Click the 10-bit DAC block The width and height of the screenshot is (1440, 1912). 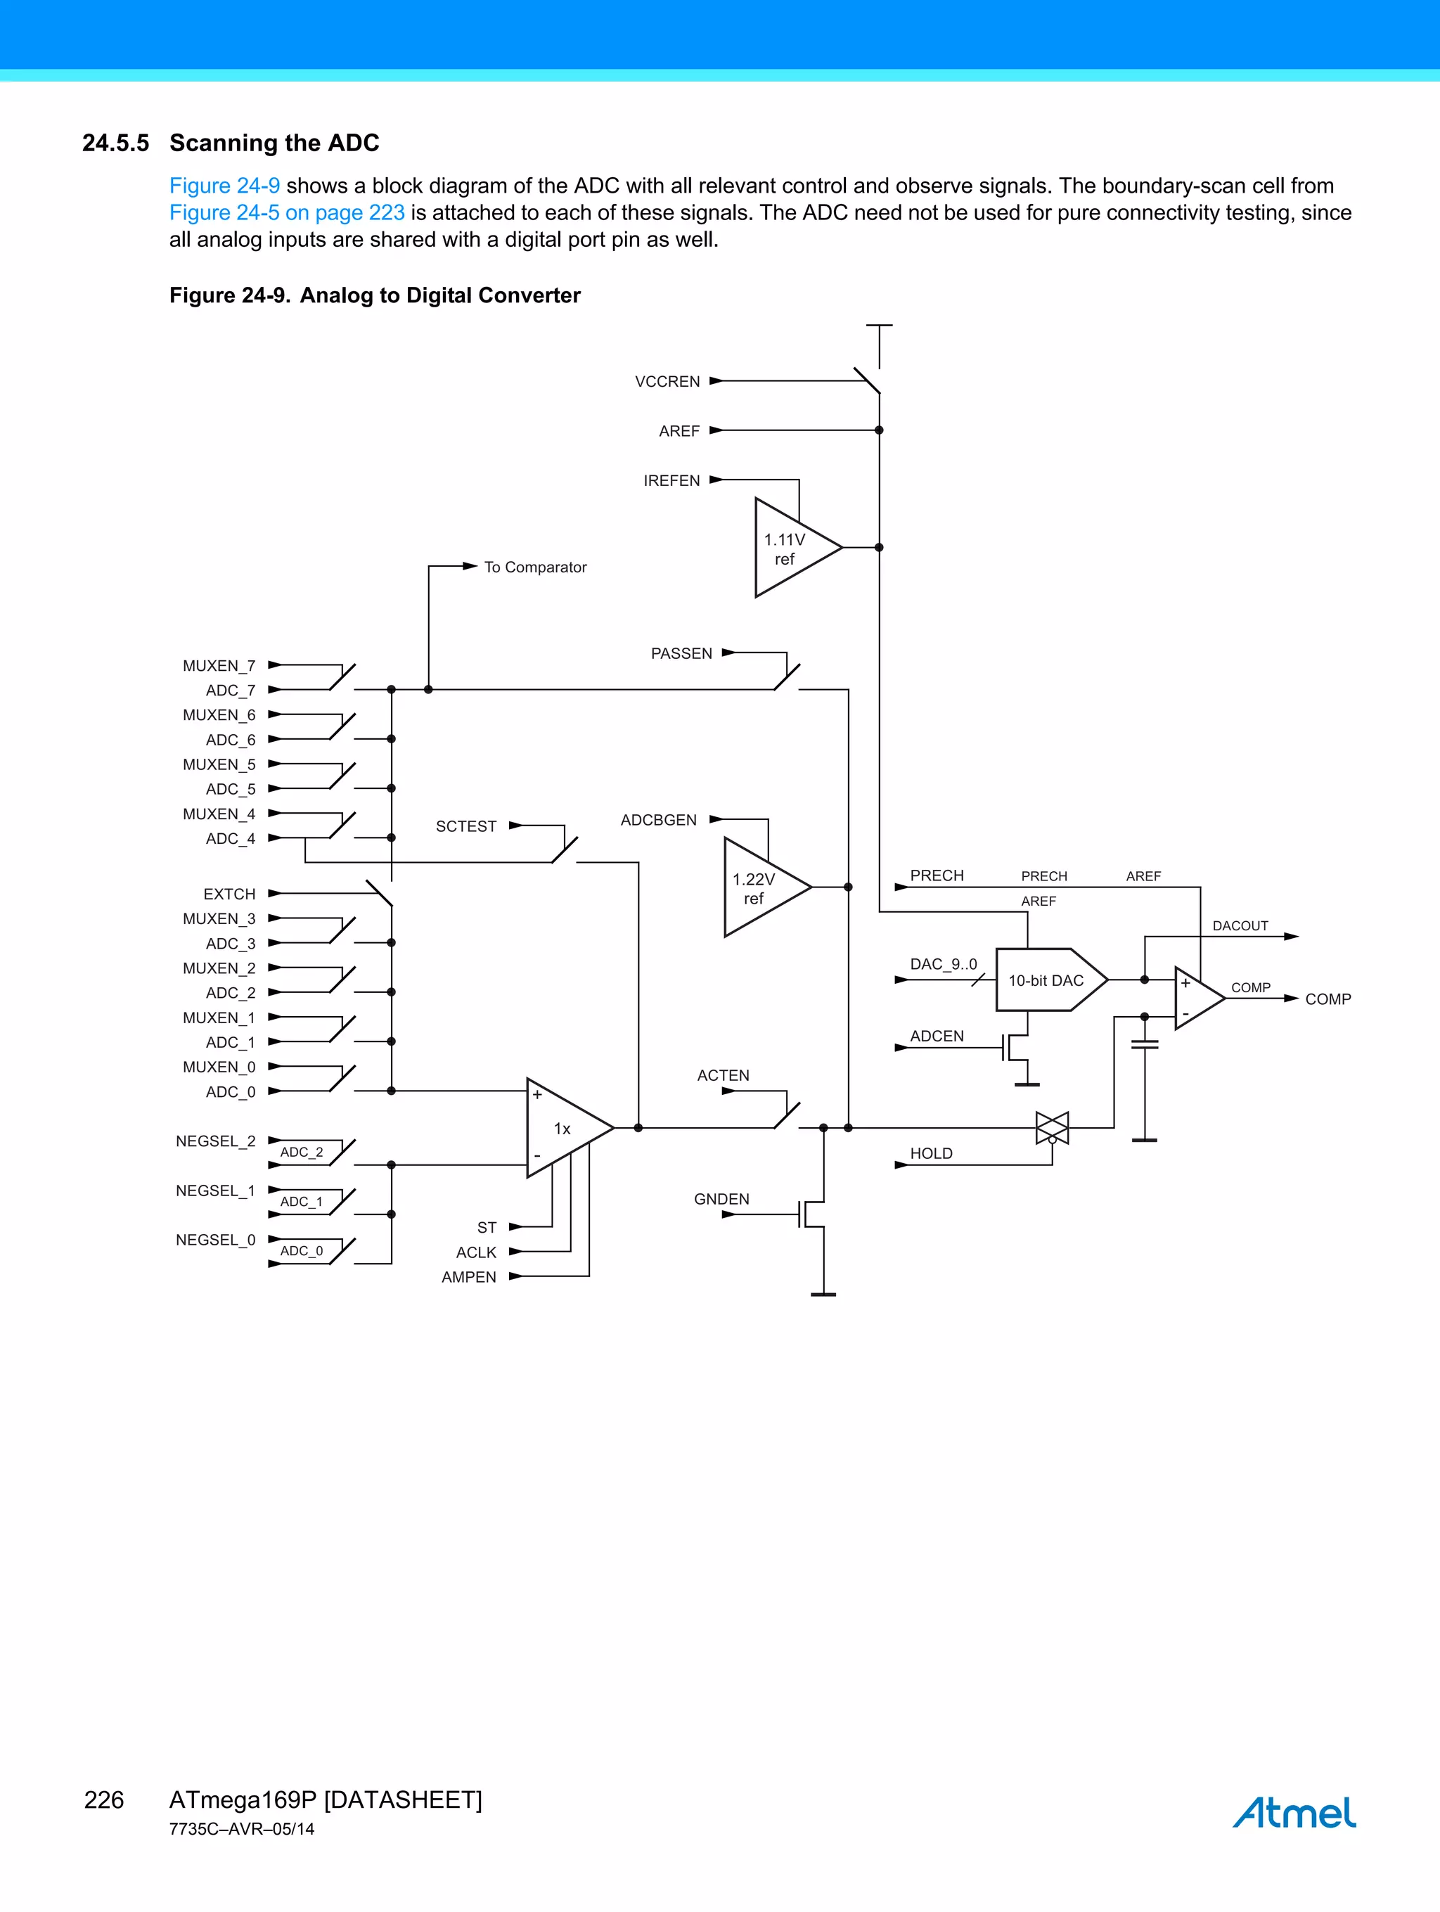(1047, 980)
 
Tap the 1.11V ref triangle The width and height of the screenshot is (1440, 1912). (788, 548)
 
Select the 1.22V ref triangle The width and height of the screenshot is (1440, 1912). (758, 887)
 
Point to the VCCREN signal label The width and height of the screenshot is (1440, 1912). (667, 381)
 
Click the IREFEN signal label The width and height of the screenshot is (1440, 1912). (671, 480)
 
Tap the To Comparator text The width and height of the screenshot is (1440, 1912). (535, 567)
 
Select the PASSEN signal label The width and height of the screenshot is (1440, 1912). (681, 653)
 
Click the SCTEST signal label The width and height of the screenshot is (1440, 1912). (466, 826)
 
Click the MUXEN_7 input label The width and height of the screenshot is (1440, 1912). (219, 665)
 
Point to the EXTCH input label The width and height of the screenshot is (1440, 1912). (229, 894)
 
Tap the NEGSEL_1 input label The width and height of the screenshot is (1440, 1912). (215, 1191)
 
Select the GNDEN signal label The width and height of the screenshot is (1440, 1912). (721, 1199)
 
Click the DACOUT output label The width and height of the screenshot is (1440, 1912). (1240, 925)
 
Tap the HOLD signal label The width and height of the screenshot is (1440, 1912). (931, 1153)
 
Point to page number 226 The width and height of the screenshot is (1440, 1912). (104, 1799)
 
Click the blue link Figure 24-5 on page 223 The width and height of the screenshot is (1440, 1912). (287, 212)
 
